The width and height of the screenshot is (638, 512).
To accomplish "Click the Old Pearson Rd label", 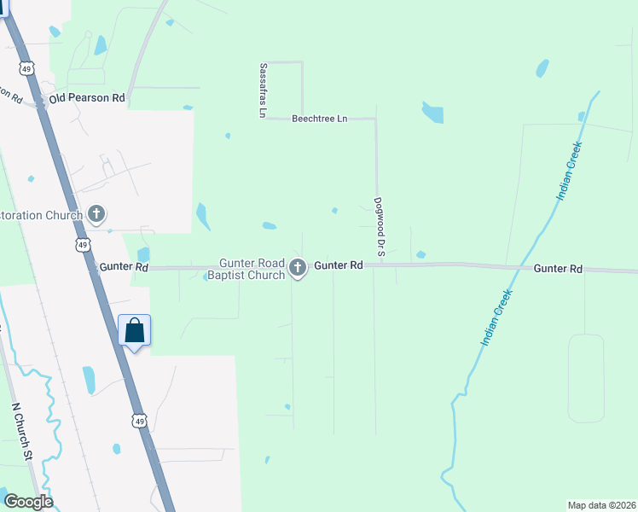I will [x=87, y=99].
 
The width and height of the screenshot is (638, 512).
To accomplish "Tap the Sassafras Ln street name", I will [x=264, y=90].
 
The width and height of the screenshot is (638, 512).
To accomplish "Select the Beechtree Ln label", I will [x=320, y=119].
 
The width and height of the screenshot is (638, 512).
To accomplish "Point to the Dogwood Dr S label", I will [x=380, y=227].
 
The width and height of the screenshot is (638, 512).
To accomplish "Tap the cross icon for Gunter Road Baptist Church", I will [x=298, y=268].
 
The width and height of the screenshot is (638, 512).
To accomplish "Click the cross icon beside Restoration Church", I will [x=96, y=213].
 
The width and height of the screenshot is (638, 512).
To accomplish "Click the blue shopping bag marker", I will [x=135, y=330].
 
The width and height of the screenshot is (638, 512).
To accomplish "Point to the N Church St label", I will [x=22, y=433].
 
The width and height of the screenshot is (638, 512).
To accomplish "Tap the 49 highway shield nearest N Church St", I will [x=138, y=421].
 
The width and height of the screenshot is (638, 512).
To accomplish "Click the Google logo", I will [x=28, y=502].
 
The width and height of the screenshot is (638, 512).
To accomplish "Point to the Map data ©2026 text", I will [x=601, y=505].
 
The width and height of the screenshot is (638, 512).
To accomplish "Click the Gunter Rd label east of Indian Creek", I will [x=558, y=269].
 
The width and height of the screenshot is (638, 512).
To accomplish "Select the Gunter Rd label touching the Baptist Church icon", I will [x=339, y=266].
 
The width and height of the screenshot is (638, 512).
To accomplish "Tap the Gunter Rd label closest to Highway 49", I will [x=124, y=267].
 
